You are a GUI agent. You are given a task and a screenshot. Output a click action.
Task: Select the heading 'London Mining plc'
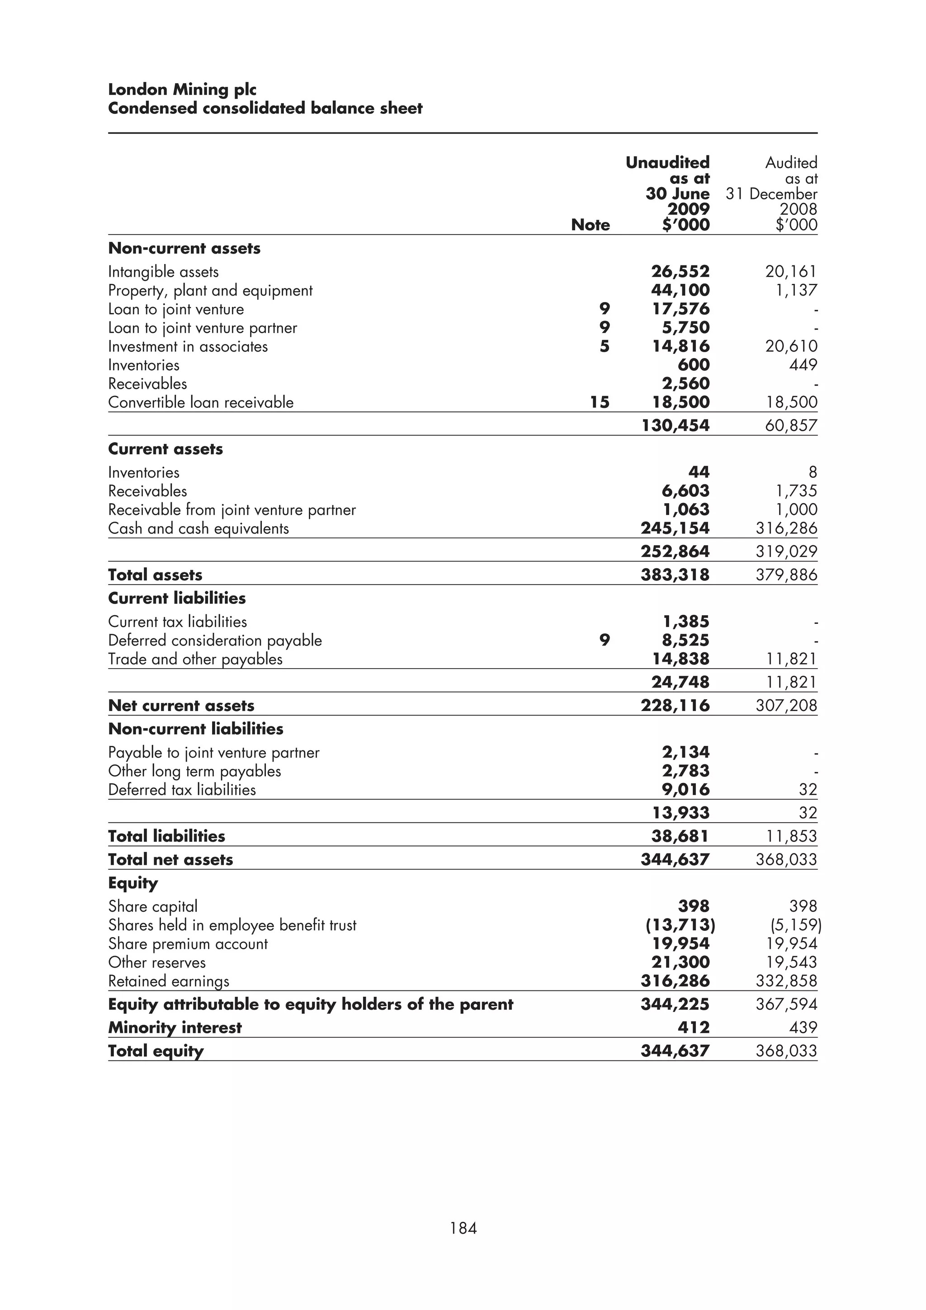point(182,90)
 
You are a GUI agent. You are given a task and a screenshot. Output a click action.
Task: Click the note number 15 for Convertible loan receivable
point(599,402)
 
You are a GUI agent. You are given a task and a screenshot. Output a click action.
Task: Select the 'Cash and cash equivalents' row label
point(198,528)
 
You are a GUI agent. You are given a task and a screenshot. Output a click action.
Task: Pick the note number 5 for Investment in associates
point(604,346)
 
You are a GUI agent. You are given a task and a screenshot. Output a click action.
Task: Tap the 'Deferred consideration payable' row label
point(215,640)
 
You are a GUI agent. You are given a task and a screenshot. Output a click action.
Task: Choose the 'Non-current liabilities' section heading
point(196,729)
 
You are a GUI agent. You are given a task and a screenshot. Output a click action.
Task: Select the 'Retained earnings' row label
point(169,981)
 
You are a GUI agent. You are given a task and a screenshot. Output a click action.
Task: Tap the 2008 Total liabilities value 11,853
point(791,836)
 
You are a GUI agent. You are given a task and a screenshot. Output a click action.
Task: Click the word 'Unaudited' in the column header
point(667,163)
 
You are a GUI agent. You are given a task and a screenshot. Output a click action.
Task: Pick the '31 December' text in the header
point(771,194)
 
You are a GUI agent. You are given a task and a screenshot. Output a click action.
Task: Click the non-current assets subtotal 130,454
point(675,426)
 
